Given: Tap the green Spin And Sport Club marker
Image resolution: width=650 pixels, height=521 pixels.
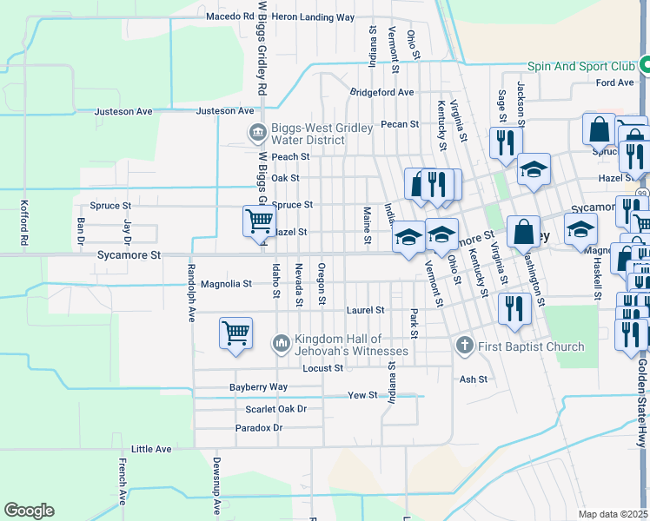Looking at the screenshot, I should (x=645, y=65).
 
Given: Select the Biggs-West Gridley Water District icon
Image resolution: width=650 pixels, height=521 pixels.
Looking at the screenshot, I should (x=258, y=133).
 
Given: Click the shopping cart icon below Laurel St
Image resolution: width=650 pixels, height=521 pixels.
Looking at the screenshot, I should (x=236, y=333).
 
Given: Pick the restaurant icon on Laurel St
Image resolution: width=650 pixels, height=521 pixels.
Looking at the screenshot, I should (x=514, y=308).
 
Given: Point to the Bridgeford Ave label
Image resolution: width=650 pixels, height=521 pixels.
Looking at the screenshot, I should (x=381, y=92).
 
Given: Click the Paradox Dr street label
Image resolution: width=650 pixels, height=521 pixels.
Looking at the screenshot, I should (x=259, y=428).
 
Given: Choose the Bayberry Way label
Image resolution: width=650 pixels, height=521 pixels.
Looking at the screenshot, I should (x=258, y=387).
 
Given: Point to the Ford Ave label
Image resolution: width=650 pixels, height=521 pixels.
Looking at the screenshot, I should (x=614, y=82).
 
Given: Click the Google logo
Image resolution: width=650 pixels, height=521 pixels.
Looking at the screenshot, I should (x=29, y=511).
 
